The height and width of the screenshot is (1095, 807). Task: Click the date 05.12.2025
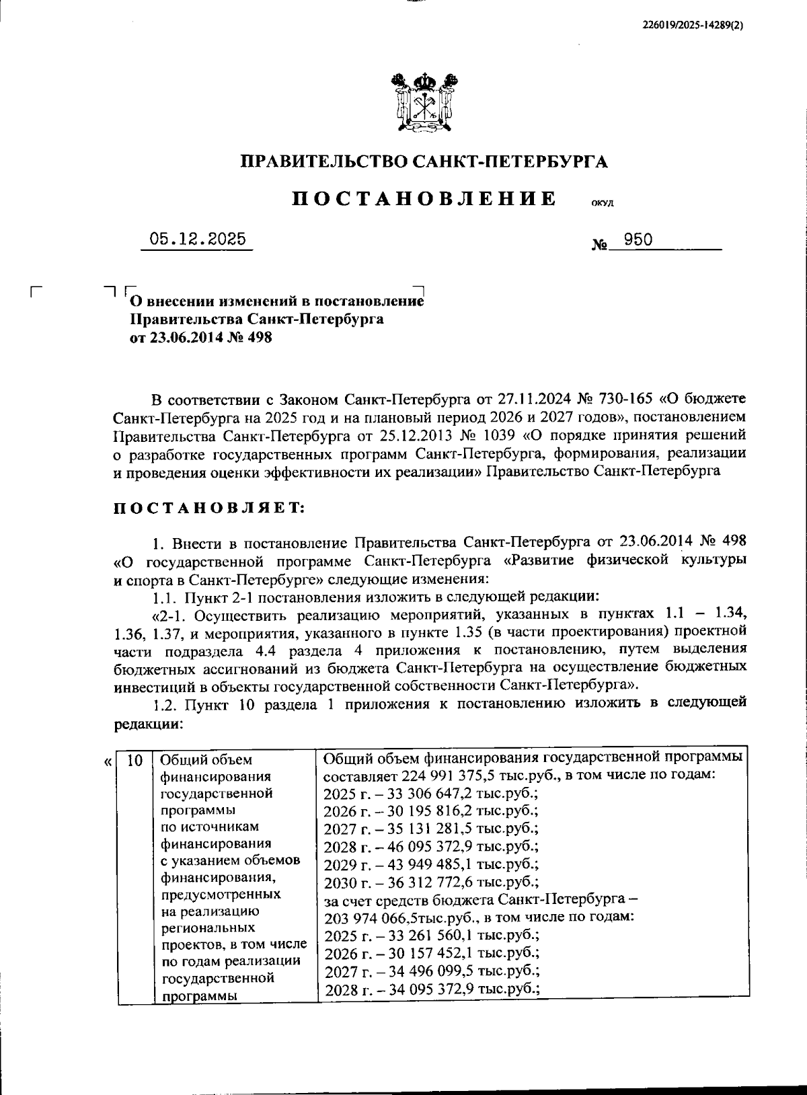[x=197, y=239]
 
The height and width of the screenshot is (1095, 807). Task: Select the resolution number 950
[x=638, y=239]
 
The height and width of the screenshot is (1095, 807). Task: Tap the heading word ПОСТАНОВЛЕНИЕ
[x=424, y=199]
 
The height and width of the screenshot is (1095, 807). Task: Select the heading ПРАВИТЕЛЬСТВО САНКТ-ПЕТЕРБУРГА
[x=424, y=161]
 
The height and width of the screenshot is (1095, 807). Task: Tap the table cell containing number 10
[x=134, y=761]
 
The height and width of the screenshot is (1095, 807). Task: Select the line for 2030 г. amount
[x=431, y=882]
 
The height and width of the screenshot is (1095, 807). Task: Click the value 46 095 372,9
[x=422, y=846]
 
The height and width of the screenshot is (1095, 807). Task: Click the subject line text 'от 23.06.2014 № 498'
[x=200, y=338]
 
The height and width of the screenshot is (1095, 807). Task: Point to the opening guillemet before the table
[x=108, y=763]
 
